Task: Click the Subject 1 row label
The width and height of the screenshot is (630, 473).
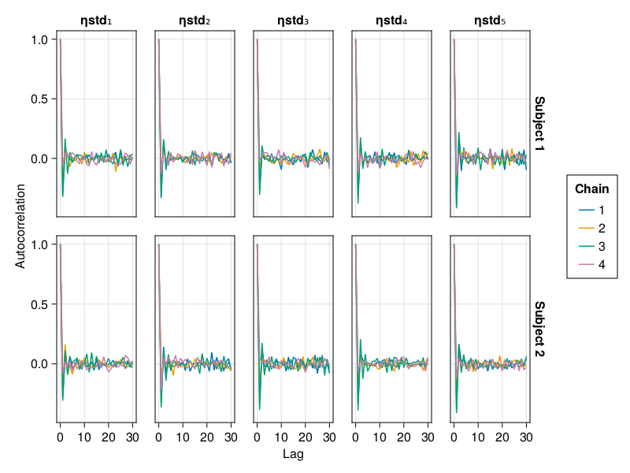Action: click(539, 124)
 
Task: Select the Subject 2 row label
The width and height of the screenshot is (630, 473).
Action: click(539, 329)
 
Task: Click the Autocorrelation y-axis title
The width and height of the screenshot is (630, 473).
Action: click(21, 226)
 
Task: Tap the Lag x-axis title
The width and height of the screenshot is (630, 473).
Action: click(293, 454)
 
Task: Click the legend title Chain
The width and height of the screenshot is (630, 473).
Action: click(591, 188)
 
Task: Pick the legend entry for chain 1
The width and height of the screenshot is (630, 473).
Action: click(591, 210)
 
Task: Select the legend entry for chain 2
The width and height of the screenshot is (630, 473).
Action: click(591, 229)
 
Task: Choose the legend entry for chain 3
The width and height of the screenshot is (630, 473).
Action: click(591, 247)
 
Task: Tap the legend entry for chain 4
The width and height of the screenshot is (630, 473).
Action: click(591, 265)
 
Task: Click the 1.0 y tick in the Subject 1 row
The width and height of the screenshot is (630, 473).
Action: click(40, 39)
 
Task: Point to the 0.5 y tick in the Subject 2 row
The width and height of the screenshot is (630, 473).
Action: click(40, 304)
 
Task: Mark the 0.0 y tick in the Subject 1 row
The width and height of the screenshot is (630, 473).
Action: click(40, 158)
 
